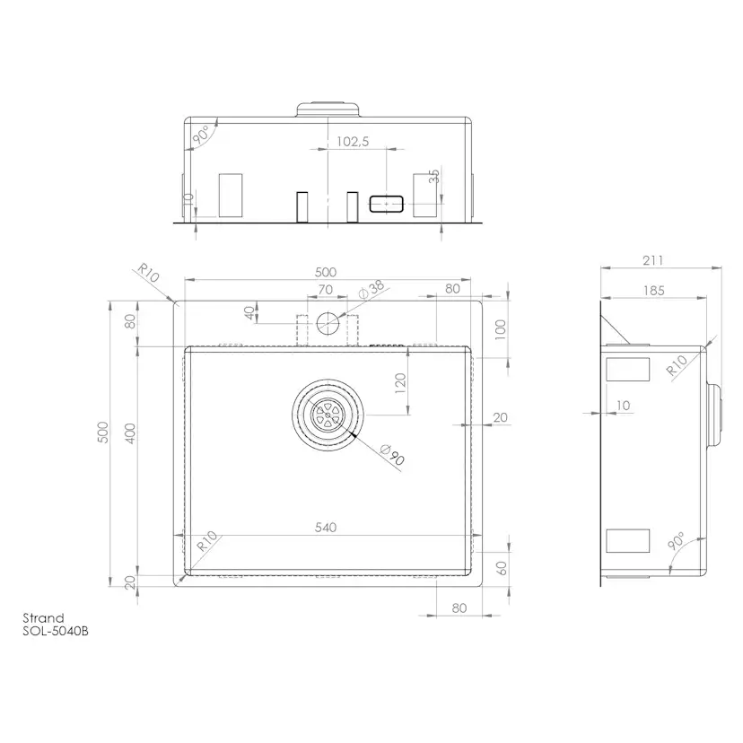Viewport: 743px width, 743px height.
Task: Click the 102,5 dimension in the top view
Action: (353, 141)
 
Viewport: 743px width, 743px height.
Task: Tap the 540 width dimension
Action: (326, 528)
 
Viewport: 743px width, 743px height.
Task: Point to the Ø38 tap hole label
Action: (372, 289)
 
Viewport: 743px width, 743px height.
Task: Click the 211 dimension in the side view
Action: (653, 260)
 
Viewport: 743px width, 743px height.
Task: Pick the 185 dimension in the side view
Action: (654, 291)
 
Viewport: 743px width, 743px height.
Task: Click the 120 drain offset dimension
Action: (400, 383)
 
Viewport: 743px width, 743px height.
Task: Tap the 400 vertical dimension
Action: (130, 433)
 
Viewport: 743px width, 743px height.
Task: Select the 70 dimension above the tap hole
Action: (326, 290)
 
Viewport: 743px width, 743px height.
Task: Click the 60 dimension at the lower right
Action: (502, 568)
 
